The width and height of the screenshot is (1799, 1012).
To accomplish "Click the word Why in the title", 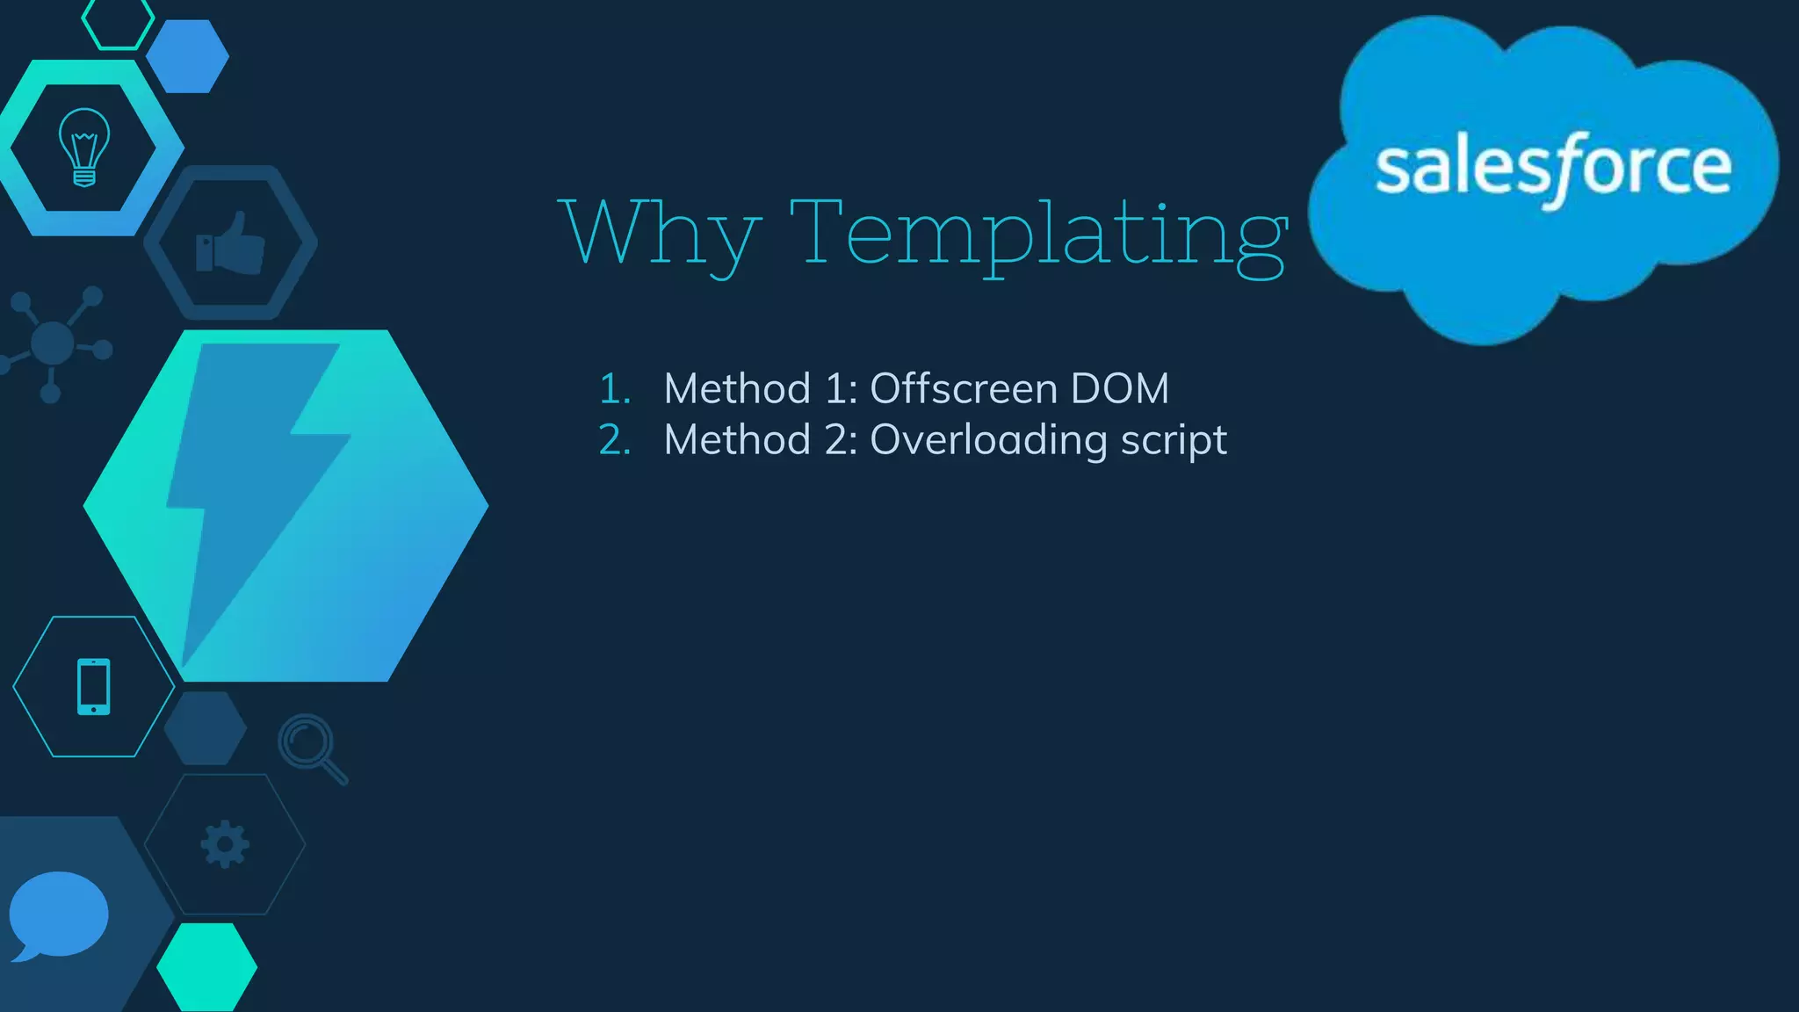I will click(x=659, y=232).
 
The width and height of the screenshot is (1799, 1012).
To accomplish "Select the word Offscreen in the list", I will click(x=963, y=388).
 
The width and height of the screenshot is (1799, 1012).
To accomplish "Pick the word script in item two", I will click(x=1174, y=441).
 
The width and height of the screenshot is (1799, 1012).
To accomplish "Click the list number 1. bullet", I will click(x=615, y=389).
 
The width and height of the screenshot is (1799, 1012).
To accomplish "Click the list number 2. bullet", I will click(x=615, y=440).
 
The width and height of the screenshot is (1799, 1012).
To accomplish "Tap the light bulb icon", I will click(x=84, y=147).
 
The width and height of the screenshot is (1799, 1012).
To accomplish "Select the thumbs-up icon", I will click(x=230, y=243).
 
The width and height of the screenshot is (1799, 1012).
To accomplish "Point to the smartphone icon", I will click(x=94, y=686).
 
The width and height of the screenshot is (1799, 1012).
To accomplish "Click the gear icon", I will click(x=225, y=844).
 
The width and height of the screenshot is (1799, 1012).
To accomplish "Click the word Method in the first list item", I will click(x=737, y=388).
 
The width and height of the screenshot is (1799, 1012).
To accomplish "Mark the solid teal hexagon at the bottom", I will click(x=207, y=966).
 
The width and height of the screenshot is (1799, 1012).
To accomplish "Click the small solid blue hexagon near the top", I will click(x=187, y=56).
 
